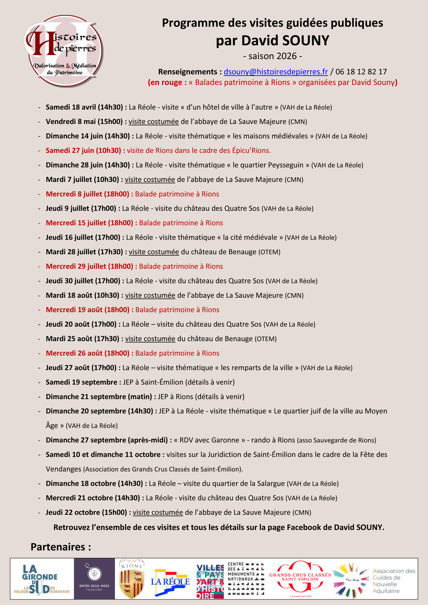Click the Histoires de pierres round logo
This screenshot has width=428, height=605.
click(x=64, y=51)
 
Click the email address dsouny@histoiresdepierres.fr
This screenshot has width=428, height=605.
click(x=275, y=72)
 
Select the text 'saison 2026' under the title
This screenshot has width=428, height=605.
click(x=272, y=56)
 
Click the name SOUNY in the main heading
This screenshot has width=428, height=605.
click(x=306, y=41)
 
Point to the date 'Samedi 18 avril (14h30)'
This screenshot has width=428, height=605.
click(x=84, y=107)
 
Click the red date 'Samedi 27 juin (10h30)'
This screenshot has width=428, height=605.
click(x=83, y=151)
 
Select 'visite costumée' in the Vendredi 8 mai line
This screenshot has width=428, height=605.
click(x=153, y=122)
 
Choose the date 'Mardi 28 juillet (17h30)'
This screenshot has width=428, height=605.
click(x=84, y=252)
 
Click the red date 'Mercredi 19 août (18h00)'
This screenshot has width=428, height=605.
click(x=87, y=310)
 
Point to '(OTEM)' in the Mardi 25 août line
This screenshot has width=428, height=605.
click(x=266, y=339)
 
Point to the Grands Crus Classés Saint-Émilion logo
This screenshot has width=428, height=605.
click(x=300, y=578)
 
